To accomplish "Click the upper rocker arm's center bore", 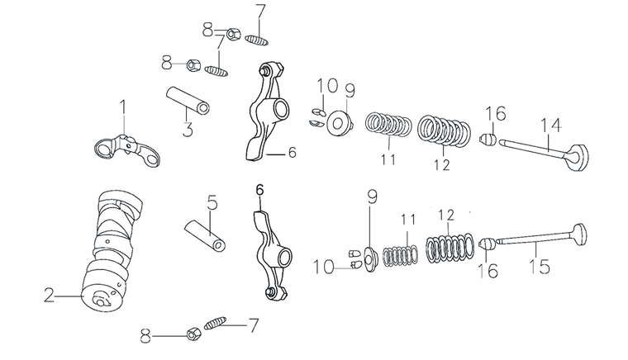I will tap(279, 107).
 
